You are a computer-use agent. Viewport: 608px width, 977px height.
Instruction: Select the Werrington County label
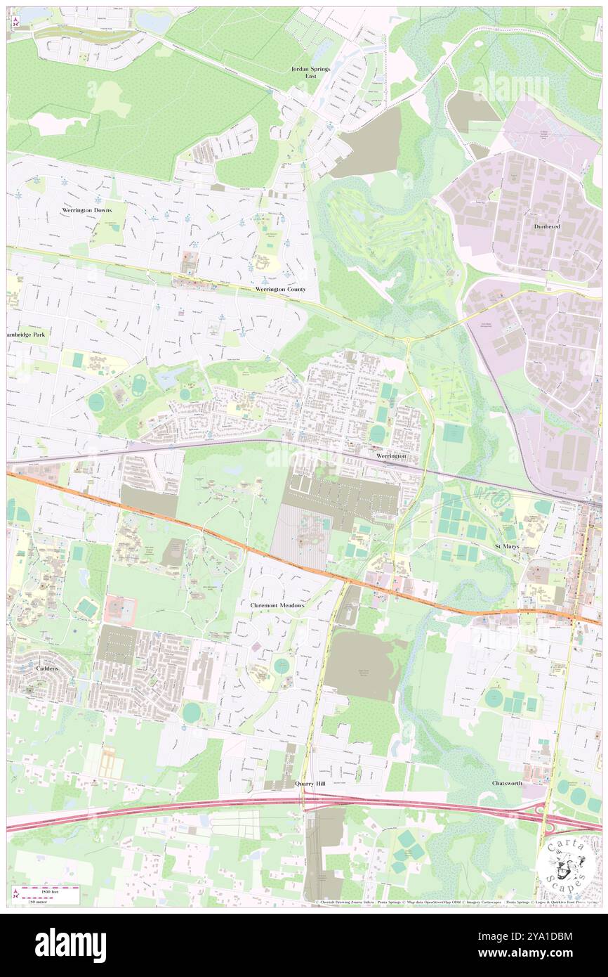tap(281, 289)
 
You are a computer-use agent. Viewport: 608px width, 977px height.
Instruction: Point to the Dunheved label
tap(547, 227)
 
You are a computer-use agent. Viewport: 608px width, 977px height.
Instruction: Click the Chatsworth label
tap(507, 782)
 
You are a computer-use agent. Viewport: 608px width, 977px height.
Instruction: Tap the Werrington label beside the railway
tap(391, 456)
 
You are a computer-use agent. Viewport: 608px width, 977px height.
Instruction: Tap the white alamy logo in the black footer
tap(70, 945)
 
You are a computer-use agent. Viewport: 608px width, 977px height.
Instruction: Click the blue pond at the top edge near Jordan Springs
tap(154, 22)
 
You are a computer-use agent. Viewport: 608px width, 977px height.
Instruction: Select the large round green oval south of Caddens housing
tap(191, 712)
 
